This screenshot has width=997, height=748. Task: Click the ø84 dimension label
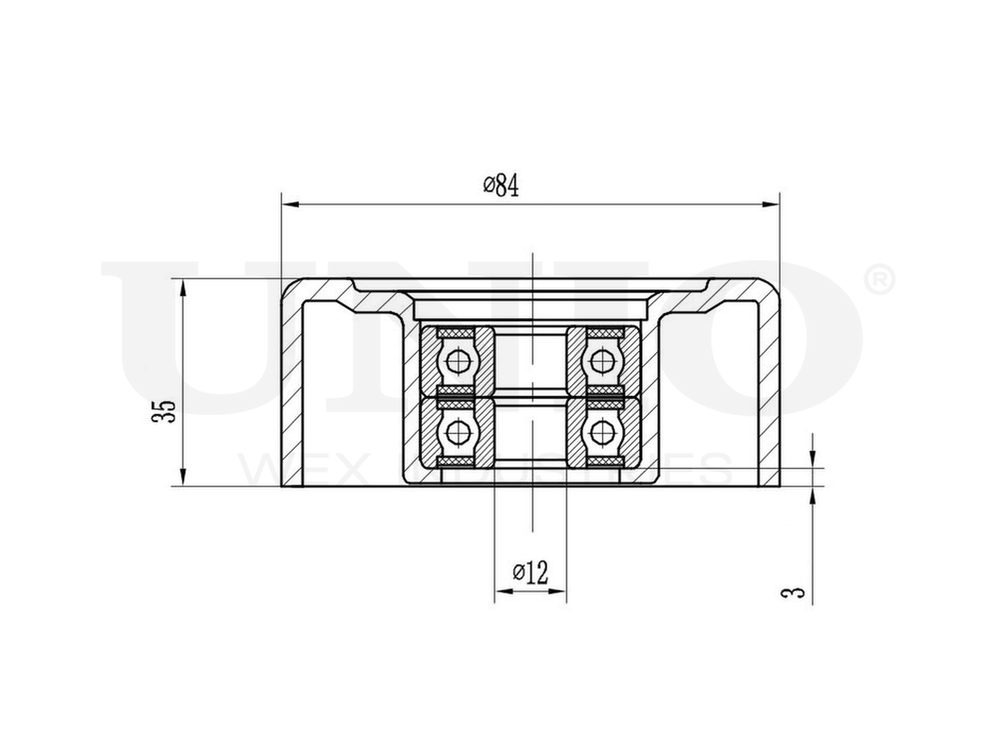click(x=500, y=187)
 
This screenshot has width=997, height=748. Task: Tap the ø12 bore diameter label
click(x=530, y=572)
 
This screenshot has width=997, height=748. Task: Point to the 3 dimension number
click(x=794, y=592)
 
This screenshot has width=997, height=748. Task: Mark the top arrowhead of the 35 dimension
click(x=183, y=287)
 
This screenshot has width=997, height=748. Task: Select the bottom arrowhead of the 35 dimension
click(x=183, y=478)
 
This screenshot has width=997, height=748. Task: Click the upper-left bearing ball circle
click(x=459, y=360)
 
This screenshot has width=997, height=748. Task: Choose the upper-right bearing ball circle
click(x=601, y=360)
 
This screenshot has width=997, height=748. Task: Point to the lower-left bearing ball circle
click(x=459, y=432)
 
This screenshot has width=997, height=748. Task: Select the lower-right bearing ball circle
click(x=601, y=432)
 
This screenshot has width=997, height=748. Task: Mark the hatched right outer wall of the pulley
click(x=770, y=389)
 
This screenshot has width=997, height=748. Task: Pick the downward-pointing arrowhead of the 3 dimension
click(x=813, y=458)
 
